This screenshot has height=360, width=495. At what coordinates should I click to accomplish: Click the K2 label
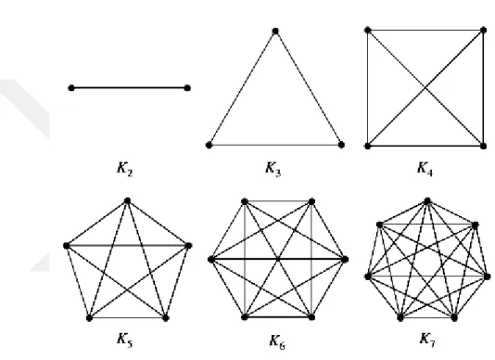pyautogui.click(x=125, y=169)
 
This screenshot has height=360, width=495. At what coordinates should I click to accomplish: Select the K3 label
pyautogui.click(x=273, y=169)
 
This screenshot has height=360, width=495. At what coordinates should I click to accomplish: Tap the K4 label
pyautogui.click(x=425, y=169)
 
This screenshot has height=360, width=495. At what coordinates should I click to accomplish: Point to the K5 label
pyautogui.click(x=125, y=340)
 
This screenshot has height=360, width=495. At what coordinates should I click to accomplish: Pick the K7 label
pyautogui.click(x=427, y=340)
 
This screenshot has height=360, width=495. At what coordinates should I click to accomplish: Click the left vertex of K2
pyautogui.click(x=71, y=88)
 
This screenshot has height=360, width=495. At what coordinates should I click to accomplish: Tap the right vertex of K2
pyautogui.click(x=187, y=88)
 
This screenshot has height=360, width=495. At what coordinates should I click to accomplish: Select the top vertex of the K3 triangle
pyautogui.click(x=275, y=31)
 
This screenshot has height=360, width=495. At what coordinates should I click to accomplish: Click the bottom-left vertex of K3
pyautogui.click(x=209, y=145)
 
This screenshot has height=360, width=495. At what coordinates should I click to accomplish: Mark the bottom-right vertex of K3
pyautogui.click(x=341, y=145)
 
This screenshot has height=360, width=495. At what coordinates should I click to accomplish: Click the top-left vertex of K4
pyautogui.click(x=367, y=30)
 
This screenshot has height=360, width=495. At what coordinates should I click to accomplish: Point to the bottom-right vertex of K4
pyautogui.click(x=483, y=146)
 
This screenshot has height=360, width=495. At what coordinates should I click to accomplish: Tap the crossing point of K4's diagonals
pyautogui.click(x=425, y=88)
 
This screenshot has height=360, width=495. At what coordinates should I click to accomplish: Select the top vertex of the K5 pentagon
pyautogui.click(x=127, y=200)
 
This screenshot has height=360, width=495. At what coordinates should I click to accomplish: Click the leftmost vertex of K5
pyautogui.click(x=67, y=246)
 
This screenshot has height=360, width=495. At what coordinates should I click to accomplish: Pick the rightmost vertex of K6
pyautogui.click(x=345, y=260)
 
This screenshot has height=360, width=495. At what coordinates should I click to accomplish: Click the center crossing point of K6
pyautogui.click(x=278, y=259)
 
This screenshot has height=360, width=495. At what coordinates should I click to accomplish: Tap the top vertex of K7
pyautogui.click(x=427, y=200)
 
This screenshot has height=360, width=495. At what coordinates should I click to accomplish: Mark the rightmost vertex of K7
pyautogui.click(x=488, y=276)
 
